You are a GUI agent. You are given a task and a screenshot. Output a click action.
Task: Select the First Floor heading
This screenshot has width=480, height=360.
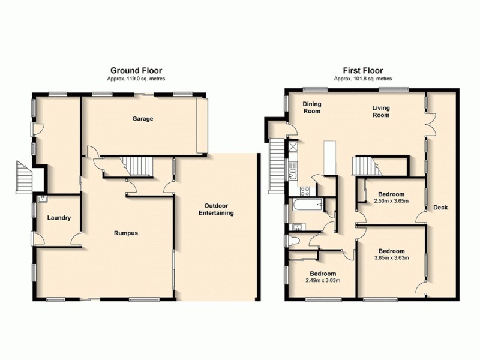[x=362, y=70]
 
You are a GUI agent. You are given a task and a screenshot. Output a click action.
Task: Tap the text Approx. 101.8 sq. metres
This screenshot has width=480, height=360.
[x=362, y=79]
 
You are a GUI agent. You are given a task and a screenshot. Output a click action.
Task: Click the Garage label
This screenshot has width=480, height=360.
[x=143, y=119]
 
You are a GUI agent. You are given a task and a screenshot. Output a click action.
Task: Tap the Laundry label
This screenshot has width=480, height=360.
[x=59, y=218]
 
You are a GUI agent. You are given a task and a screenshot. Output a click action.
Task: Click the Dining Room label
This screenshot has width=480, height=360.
[x=311, y=107]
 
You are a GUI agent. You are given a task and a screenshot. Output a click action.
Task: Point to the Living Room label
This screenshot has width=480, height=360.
[x=380, y=112]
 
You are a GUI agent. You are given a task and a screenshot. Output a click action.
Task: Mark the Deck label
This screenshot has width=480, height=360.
[x=441, y=208]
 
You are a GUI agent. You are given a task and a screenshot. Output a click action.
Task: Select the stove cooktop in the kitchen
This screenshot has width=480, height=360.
[x=304, y=192]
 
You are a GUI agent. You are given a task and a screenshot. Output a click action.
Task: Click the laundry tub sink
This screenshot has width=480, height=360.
[x=41, y=199]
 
